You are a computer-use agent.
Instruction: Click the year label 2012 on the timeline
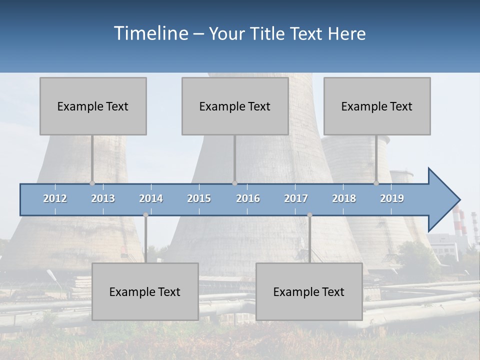pyautogui.click(x=55, y=198)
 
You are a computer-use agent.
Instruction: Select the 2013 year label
pyautogui.click(x=103, y=198)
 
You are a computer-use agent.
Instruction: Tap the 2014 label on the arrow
pyautogui.click(x=151, y=198)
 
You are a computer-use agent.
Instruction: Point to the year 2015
pyautogui.click(x=199, y=198)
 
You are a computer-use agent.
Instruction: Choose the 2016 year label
pyautogui.click(x=248, y=198)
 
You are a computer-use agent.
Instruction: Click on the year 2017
pyautogui.click(x=296, y=198)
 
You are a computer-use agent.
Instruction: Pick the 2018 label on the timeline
pyautogui.click(x=344, y=198)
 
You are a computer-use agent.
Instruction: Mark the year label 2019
pyautogui.click(x=392, y=198)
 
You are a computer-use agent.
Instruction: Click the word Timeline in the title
pyautogui.click(x=150, y=33)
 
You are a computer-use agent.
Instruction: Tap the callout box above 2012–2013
pyautogui.click(x=93, y=106)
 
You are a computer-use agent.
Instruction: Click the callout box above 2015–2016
pyautogui.click(x=235, y=106)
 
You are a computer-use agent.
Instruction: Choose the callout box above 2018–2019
pyautogui.click(x=377, y=106)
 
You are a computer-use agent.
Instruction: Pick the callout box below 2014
pyautogui.click(x=145, y=291)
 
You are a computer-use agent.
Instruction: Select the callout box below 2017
pyautogui.click(x=309, y=291)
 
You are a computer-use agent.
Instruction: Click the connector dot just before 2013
pyautogui.click(x=92, y=183)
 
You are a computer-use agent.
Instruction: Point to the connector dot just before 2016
pyautogui.click(x=234, y=183)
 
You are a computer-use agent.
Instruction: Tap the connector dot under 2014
pyautogui.click(x=145, y=215)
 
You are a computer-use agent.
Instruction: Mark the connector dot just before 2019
pyautogui.click(x=376, y=183)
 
